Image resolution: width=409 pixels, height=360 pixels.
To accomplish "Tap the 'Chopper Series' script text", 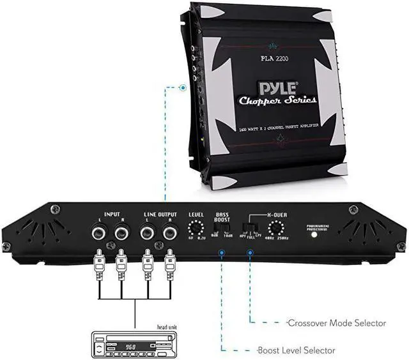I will tap(277, 101).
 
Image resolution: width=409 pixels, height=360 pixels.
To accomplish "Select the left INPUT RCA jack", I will tap(99, 234).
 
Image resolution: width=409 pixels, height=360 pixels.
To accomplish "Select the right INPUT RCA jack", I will tap(121, 234).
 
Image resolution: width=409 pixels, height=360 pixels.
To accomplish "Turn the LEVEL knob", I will tap(196, 229).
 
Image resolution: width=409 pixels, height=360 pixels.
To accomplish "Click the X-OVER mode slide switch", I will tap(251, 228).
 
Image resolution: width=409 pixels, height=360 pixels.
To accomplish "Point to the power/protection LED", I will tap(314, 234).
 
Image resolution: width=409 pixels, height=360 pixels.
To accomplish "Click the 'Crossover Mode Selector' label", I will tap(336, 323).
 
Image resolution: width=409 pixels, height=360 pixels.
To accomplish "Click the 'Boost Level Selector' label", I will tap(295, 350).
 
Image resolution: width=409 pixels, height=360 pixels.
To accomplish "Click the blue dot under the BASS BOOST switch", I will tap(222, 253).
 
